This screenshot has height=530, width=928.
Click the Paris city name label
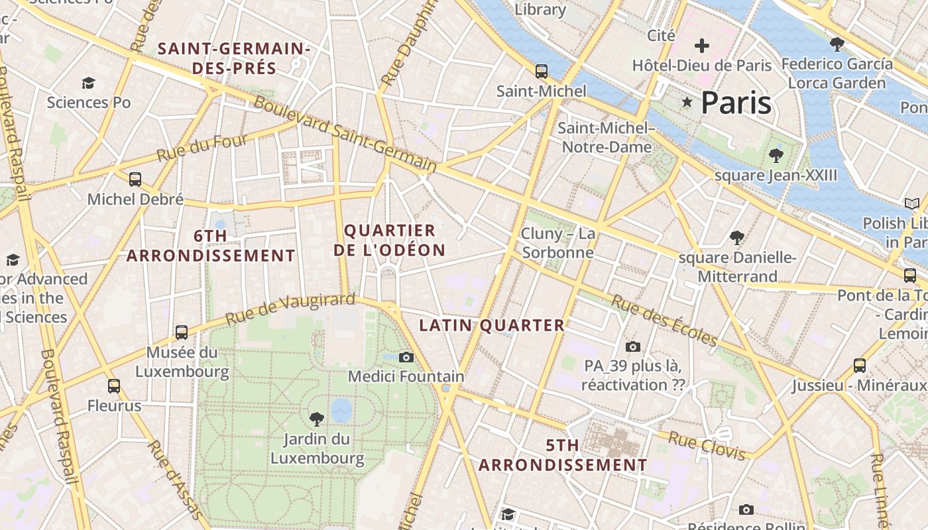[x=736, y=103]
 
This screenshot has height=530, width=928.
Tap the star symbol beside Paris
[x=687, y=102]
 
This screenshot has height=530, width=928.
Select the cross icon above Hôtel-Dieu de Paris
[x=701, y=46]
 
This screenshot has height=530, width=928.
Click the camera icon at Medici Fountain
[x=406, y=358]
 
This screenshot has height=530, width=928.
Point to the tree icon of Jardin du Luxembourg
[x=317, y=419]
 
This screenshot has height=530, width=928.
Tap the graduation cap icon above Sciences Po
[x=88, y=83]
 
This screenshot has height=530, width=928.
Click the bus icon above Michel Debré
[x=135, y=179]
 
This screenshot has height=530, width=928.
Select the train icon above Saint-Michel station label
[x=542, y=71]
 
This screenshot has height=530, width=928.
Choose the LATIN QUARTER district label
[x=492, y=325]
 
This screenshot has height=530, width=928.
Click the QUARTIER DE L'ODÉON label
[x=390, y=240]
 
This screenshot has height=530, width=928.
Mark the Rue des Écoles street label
[x=664, y=321]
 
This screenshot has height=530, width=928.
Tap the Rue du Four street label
[x=202, y=147]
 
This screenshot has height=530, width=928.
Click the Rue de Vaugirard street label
[x=290, y=309]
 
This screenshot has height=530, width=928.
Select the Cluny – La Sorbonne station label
[x=557, y=243]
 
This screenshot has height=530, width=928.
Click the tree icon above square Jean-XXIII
[x=776, y=156]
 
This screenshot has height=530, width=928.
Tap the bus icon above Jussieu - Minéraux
[x=860, y=365]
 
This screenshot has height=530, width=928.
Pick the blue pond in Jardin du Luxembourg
[x=341, y=410]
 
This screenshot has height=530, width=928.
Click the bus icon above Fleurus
[x=114, y=386]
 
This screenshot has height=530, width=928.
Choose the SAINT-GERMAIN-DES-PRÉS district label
[x=234, y=58]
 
